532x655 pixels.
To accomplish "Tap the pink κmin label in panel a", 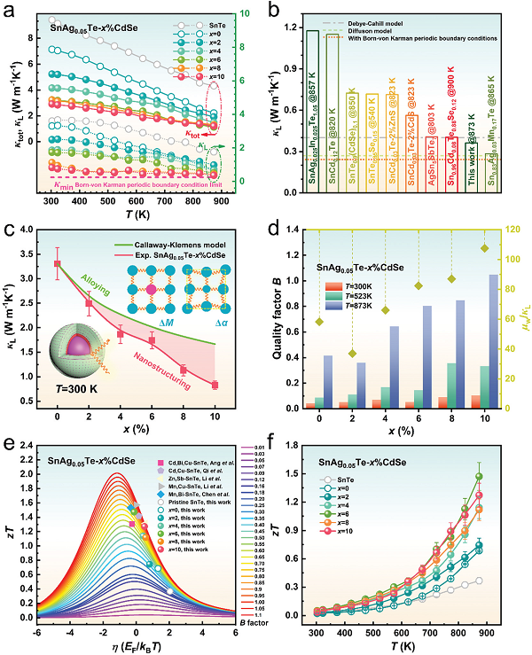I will [65, 186].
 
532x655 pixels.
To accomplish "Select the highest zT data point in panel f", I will [505, 476].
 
